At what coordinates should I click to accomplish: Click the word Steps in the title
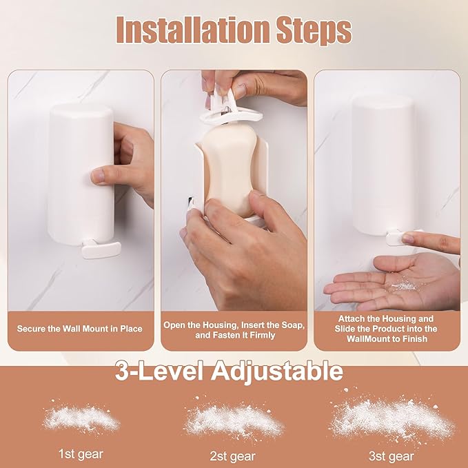[x=312, y=30]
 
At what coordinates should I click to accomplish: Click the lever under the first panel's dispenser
[x=100, y=248]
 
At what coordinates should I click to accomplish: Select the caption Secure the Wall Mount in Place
[x=80, y=329]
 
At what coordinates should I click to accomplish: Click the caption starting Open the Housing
[x=234, y=329]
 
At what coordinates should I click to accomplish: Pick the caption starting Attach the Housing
[x=387, y=329]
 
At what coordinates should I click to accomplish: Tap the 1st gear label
[x=81, y=455]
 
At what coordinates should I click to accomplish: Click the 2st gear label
[x=233, y=456]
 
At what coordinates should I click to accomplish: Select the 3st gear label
[x=391, y=456]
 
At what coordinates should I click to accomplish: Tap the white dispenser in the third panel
[x=383, y=165]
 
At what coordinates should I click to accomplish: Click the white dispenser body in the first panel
[x=81, y=172]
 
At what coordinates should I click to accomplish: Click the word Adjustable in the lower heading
[x=276, y=372]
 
